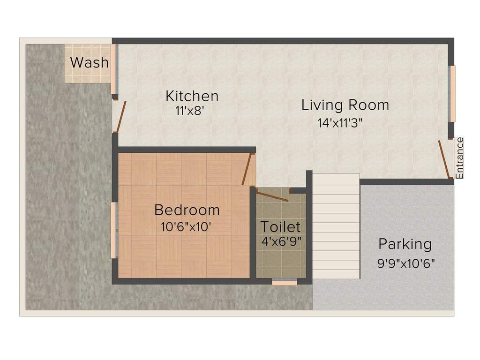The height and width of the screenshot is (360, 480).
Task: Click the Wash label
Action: pyautogui.click(x=90, y=62)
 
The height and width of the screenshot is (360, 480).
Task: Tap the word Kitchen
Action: pyautogui.click(x=192, y=96)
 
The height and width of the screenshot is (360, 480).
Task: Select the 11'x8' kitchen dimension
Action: pyautogui.click(x=190, y=111)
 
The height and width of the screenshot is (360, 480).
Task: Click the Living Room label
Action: pyautogui.click(x=345, y=105)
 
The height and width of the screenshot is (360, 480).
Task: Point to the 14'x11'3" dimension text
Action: pyautogui.click(x=340, y=123)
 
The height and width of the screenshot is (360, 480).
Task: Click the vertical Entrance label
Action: pyautogui.click(x=459, y=158)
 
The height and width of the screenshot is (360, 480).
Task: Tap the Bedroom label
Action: pyautogui.click(x=187, y=210)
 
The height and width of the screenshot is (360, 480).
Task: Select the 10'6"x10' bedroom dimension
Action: pyautogui.click(x=186, y=227)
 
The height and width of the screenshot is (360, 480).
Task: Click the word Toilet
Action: pyautogui.click(x=280, y=227)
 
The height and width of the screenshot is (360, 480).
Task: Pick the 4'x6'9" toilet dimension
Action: pyautogui.click(x=281, y=241)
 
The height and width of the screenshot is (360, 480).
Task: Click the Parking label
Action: pyautogui.click(x=405, y=244)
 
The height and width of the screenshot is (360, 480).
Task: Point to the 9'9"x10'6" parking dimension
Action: pyautogui.click(x=406, y=263)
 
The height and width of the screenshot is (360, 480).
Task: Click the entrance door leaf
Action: pyautogui.click(x=444, y=159)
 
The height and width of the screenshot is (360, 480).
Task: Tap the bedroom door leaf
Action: pyautogui.click(x=247, y=169)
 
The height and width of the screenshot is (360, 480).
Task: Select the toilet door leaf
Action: pyautogui.click(x=272, y=196)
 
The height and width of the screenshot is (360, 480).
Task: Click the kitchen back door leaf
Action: pyautogui.click(x=121, y=117)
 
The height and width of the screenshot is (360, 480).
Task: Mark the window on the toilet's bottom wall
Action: pyautogui.click(x=285, y=282)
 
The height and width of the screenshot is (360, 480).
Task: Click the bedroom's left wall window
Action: pyautogui.click(x=113, y=230)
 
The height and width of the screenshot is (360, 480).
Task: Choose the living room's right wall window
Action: pyautogui.click(x=452, y=94)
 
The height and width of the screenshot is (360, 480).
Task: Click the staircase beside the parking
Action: pyautogui.click(x=336, y=226)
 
